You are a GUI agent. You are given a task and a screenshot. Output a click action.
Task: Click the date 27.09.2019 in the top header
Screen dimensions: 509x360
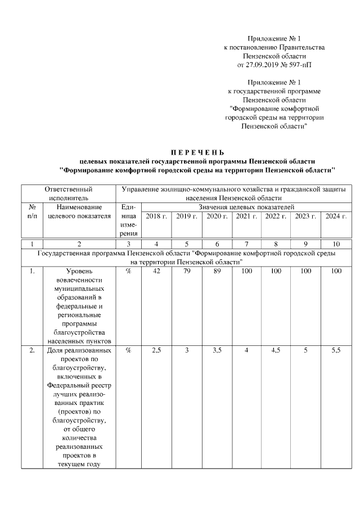coord(267,65)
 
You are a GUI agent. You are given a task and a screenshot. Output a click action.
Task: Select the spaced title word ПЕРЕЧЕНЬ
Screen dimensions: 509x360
coord(197,152)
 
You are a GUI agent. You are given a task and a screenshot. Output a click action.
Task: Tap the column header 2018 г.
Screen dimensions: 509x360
coord(156,217)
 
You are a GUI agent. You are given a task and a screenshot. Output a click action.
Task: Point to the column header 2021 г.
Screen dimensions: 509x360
coord(246,217)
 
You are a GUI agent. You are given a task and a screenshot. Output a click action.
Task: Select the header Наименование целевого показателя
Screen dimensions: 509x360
coord(79,212)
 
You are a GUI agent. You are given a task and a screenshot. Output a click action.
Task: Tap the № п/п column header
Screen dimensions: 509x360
coord(32,212)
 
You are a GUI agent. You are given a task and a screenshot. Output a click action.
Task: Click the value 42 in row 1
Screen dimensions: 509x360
coord(156,272)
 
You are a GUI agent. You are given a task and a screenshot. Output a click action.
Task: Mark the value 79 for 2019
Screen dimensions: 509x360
coord(186,272)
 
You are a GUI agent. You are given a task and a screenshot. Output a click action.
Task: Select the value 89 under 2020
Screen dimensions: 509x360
coord(217,272)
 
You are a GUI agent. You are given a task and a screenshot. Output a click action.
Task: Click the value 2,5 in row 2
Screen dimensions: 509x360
coord(156,350)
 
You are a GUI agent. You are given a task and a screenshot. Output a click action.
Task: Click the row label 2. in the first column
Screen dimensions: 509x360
coord(32,350)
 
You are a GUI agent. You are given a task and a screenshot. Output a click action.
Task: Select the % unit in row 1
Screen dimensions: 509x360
coord(128,272)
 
